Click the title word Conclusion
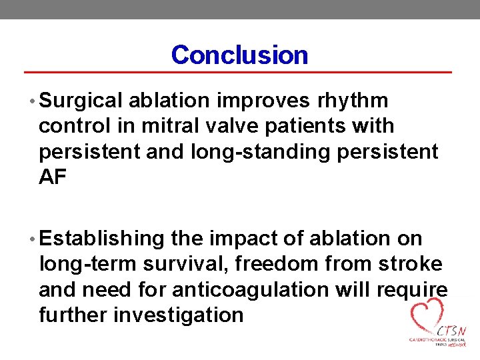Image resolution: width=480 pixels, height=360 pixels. pos(239,55)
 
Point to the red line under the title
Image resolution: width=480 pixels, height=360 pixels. pos(238,71)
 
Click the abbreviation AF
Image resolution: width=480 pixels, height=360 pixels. pos(53,177)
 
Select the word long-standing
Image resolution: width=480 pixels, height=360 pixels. pos(260,151)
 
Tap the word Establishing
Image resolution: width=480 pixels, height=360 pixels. pos(102,238)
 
